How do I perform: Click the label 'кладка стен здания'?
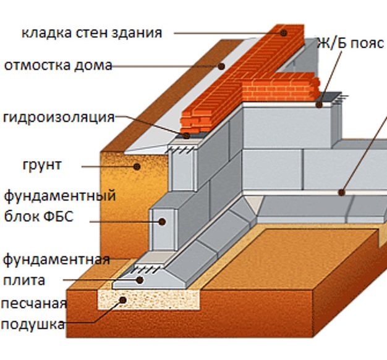coord(91,32)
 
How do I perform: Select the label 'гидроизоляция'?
coord(59,117)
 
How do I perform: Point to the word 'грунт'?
coord(41,165)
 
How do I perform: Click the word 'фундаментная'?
coord(56,259)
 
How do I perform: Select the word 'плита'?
coord(23,280)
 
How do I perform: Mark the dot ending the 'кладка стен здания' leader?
coord(284,32)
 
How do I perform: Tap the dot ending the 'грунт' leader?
coord(137,165)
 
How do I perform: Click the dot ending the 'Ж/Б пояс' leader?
coord(319,104)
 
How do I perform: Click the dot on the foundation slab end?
coord(141,279)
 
